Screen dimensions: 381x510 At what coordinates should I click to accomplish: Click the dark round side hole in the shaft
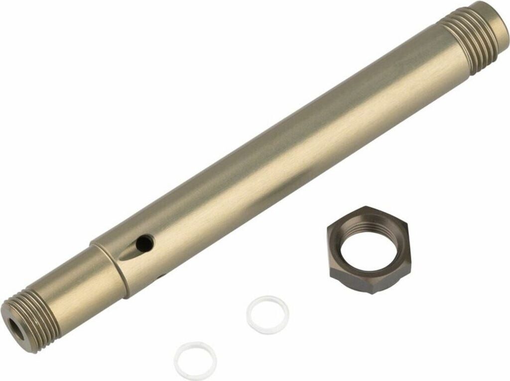click(144, 243)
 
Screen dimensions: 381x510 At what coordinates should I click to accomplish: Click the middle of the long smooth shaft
click(279, 149)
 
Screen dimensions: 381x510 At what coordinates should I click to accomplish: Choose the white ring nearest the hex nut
click(268, 315)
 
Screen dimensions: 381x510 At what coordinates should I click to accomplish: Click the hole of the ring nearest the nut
click(268, 314)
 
